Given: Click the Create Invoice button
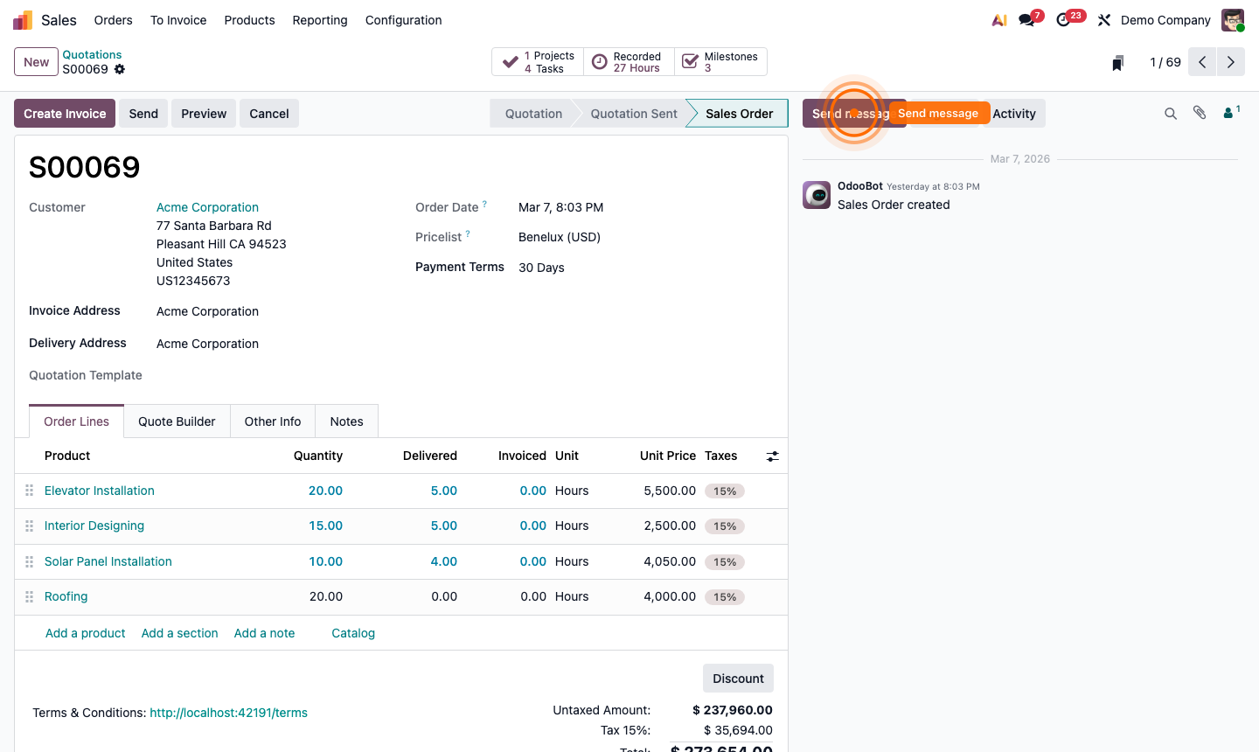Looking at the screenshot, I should click(65, 114).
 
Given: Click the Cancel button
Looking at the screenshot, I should click(268, 114).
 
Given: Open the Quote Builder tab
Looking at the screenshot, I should click(177, 421).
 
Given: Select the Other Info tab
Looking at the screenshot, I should click(273, 421).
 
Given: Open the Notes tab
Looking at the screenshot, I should click(346, 421).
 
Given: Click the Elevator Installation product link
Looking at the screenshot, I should click(100, 491).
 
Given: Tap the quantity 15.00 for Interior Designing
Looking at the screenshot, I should click(325, 526).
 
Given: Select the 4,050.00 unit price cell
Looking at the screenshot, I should click(669, 561).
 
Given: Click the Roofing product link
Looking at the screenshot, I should click(66, 596).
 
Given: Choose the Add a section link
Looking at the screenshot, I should click(180, 633).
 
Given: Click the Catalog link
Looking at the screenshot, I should click(353, 633).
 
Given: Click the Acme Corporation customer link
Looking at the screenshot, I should click(207, 207).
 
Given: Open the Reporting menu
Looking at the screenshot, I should click(320, 20).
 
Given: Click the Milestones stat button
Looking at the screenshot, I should click(721, 62).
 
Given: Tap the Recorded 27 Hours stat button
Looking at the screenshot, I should click(629, 62).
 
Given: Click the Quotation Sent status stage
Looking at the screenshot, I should click(634, 114).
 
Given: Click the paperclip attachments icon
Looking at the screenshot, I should click(1200, 113).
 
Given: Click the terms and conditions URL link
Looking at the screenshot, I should click(228, 713).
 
